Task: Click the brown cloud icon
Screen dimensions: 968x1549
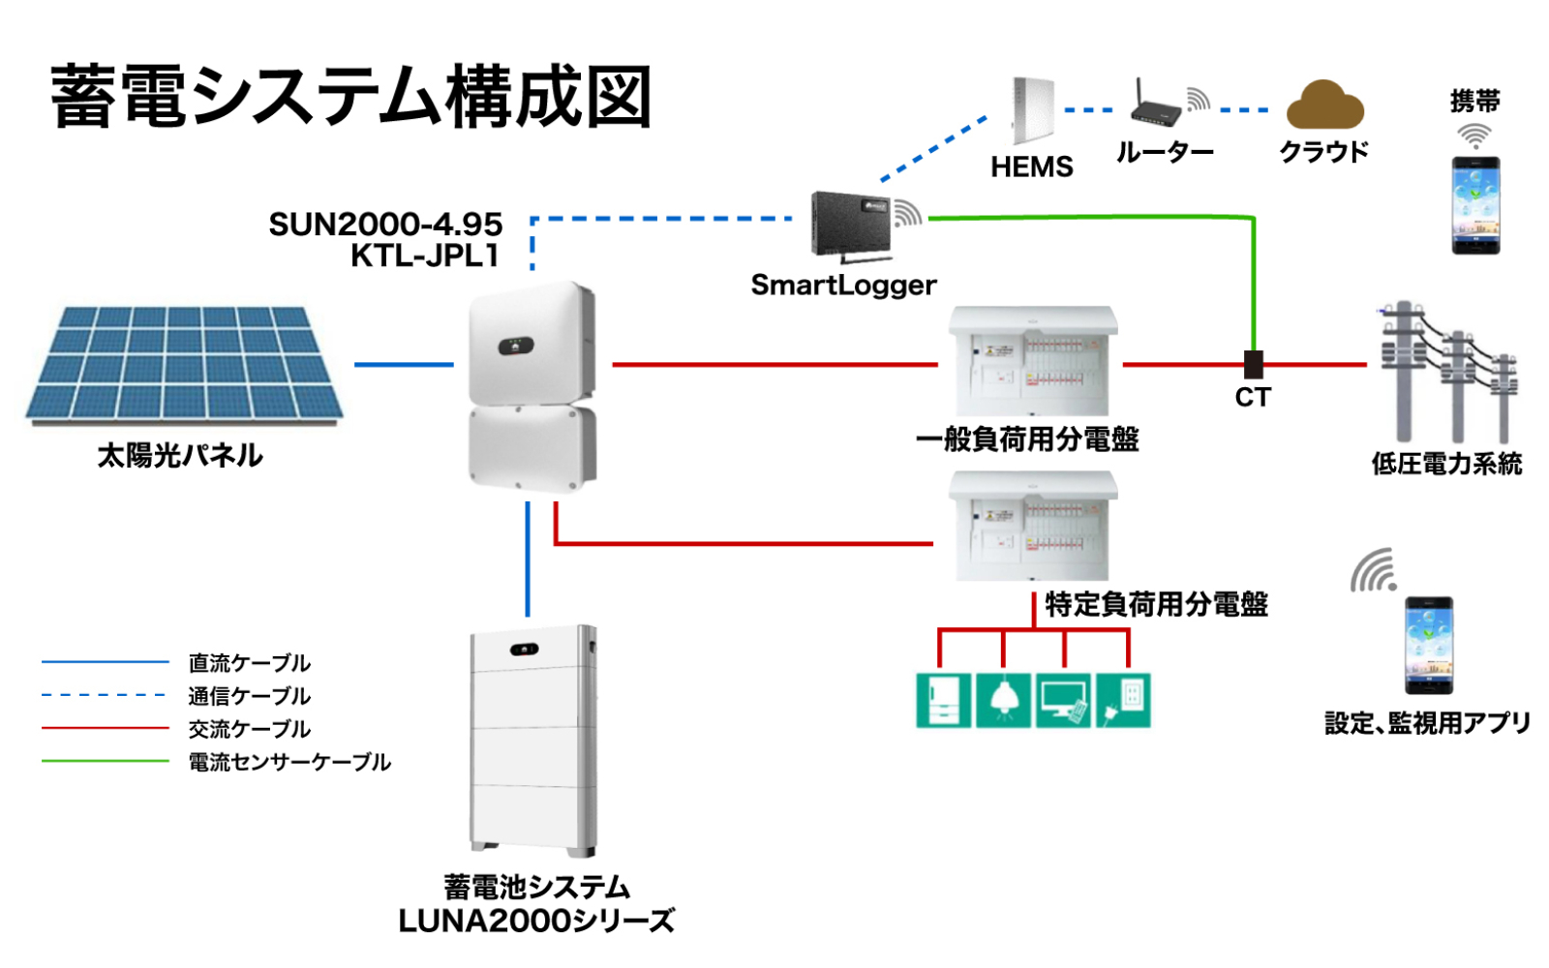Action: pos(1324,106)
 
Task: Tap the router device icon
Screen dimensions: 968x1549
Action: pos(1157,107)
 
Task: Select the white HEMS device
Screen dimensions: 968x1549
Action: pos(1032,110)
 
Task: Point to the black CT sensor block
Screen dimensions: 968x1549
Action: pos(1253,364)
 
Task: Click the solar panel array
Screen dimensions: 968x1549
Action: pos(184,365)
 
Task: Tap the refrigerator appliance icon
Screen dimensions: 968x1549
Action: pos(943,700)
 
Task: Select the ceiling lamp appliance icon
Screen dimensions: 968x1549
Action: pos(1003,700)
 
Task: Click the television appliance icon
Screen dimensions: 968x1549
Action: pos(1063,700)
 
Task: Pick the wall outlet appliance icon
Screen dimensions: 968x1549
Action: pos(1123,700)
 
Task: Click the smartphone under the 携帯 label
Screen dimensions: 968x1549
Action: pos(1475,205)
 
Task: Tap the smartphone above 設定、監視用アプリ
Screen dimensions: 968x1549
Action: pos(1429,646)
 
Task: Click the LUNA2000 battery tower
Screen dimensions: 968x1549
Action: pos(533,741)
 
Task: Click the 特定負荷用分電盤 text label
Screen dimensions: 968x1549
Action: pos(1156,605)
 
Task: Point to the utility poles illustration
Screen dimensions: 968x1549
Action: pos(1446,373)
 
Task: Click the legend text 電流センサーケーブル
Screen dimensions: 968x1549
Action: pos(289,763)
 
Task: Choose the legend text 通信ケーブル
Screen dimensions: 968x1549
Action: pos(249,697)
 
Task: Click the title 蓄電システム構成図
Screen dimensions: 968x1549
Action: pos(350,97)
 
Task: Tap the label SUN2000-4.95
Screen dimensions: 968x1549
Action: pos(385,225)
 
